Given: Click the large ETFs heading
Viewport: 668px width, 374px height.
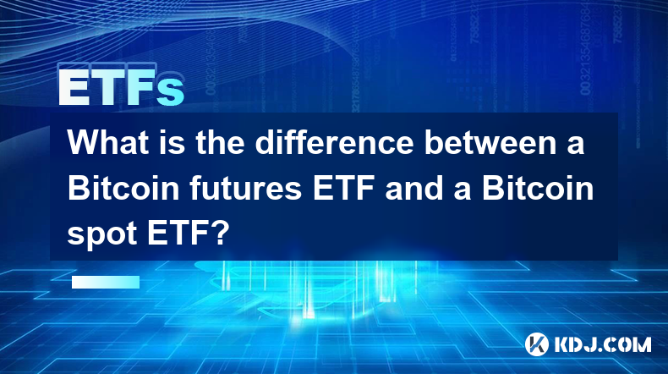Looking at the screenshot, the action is click(x=122, y=87).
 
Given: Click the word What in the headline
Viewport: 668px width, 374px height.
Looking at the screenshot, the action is click(x=108, y=142).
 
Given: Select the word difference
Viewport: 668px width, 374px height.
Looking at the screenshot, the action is click(x=335, y=142).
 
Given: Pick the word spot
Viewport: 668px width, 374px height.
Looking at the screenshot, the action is click(x=102, y=235).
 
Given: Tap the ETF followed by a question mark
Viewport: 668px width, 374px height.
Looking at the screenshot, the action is click(x=178, y=234).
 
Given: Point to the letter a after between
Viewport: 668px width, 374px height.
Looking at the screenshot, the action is click(x=575, y=146).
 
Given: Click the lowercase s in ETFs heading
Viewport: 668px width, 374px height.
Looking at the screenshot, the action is click(x=171, y=91).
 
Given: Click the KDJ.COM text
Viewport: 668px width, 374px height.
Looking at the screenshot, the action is click(x=603, y=344).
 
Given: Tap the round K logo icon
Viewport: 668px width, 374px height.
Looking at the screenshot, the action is click(x=537, y=344).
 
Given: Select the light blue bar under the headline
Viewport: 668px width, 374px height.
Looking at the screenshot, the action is click(x=106, y=282).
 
